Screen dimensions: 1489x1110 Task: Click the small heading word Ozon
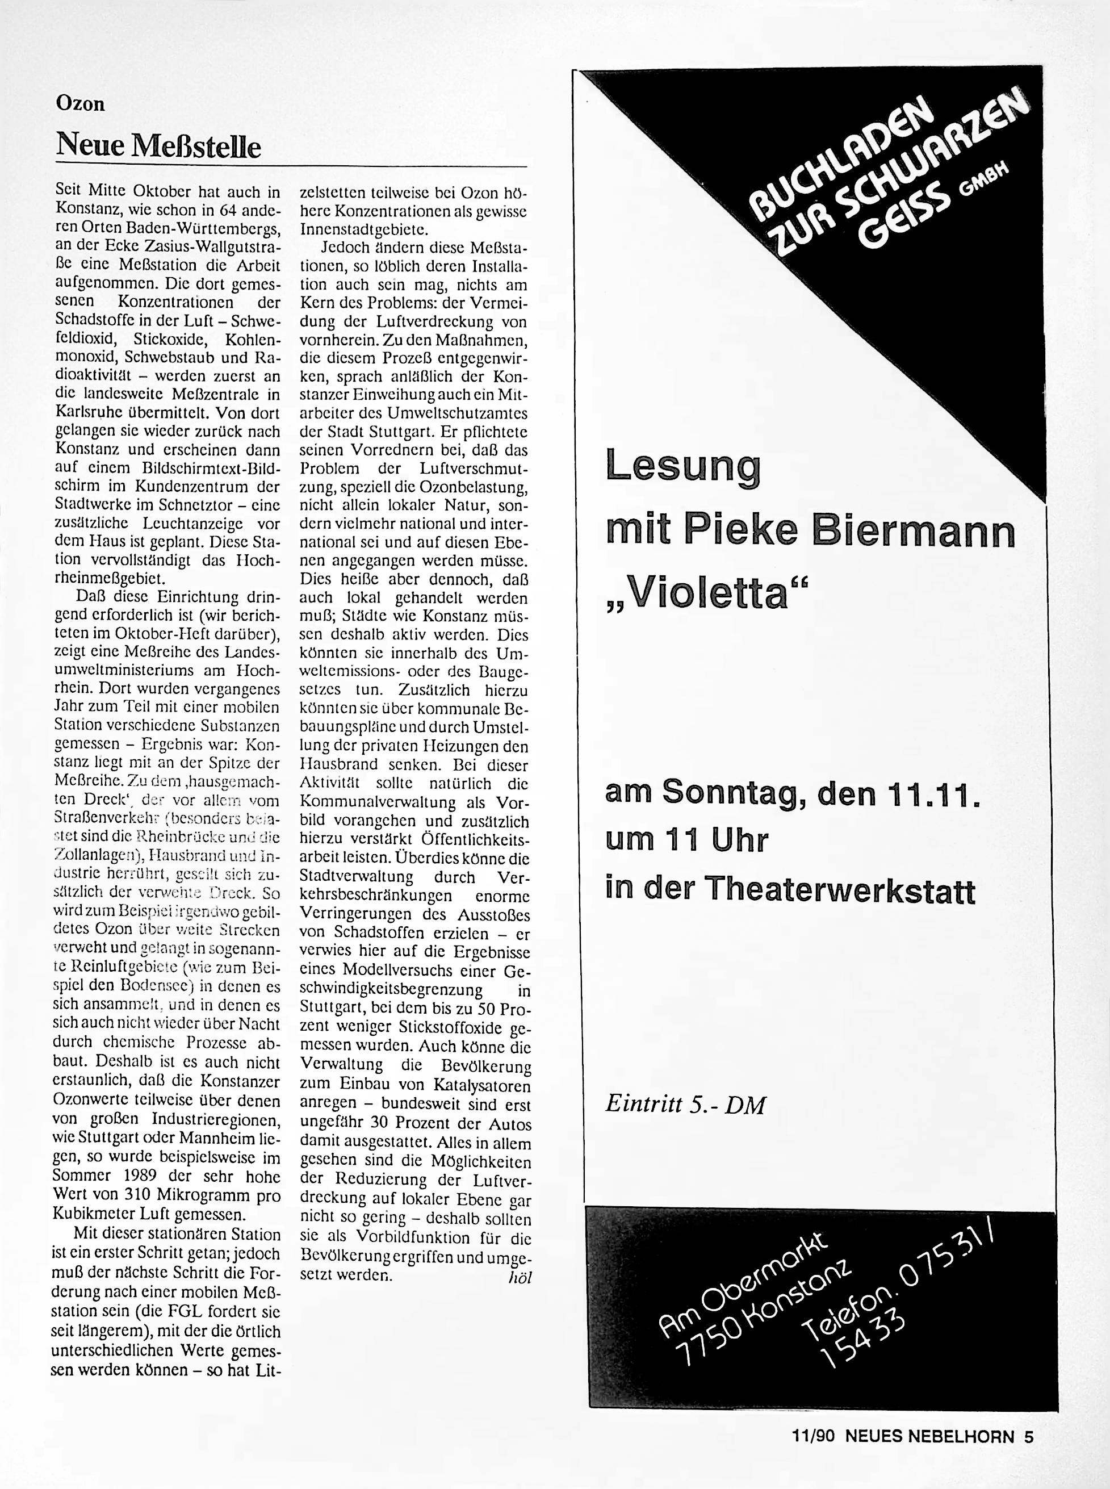(80, 104)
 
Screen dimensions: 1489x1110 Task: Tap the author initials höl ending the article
(520, 1277)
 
